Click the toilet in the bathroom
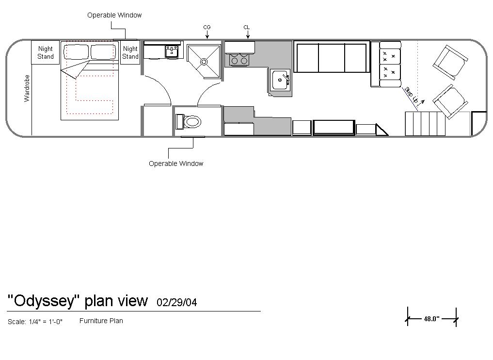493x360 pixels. pyautogui.click(x=189, y=122)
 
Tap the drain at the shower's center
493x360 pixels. pyautogui.click(x=204, y=62)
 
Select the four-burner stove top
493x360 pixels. pyautogui.click(x=239, y=60)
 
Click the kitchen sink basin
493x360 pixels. pyautogui.click(x=280, y=80)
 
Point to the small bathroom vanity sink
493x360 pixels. pyautogui.click(x=172, y=51)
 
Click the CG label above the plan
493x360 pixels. pyautogui.click(x=207, y=27)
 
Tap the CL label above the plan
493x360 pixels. pyautogui.click(x=246, y=27)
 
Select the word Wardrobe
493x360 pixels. pyautogui.click(x=27, y=88)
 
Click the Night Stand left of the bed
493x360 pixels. pyautogui.click(x=45, y=52)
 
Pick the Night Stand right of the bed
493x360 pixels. pyautogui.click(x=130, y=52)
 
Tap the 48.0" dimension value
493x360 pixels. pyautogui.click(x=431, y=319)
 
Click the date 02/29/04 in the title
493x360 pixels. pyautogui.click(x=177, y=302)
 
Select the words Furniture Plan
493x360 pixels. pyautogui.click(x=101, y=321)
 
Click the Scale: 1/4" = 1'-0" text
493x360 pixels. pyautogui.click(x=35, y=322)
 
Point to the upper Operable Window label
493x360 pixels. pyautogui.click(x=114, y=15)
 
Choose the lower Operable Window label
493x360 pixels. pyautogui.click(x=176, y=164)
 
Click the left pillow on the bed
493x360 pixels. pyautogui.click(x=77, y=52)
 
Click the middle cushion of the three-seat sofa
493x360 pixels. pyautogui.click(x=332, y=58)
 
